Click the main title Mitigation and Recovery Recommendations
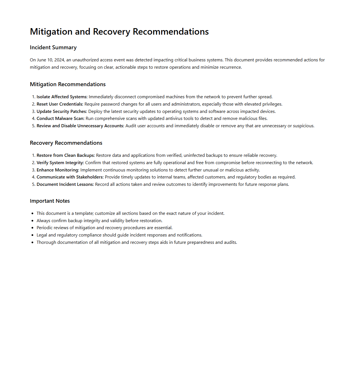[x=119, y=32]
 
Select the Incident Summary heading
[x=53, y=48]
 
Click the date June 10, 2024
[x=51, y=60]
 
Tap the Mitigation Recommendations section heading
[x=68, y=84]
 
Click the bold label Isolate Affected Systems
[x=62, y=97]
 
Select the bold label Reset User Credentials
[x=60, y=104]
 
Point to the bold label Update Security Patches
[x=62, y=111]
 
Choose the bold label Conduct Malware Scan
[x=60, y=119]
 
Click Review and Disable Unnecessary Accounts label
[x=80, y=126]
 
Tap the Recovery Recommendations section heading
[x=66, y=143]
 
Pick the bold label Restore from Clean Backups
[x=66, y=155]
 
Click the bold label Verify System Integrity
[x=60, y=163]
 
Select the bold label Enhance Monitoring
[x=58, y=170]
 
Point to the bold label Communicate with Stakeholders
[x=70, y=177]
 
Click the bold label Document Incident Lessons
[x=65, y=184]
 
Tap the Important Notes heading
[x=50, y=201]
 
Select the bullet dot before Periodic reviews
[x=33, y=228]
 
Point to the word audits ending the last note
[x=230, y=242]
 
